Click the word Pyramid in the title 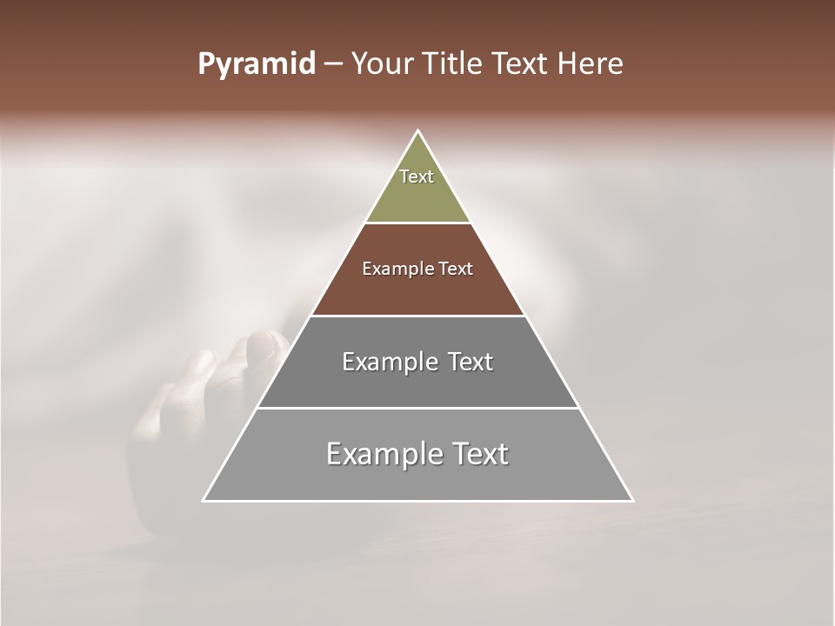pos(256,64)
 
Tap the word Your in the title pos(378,64)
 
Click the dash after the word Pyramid pos(333,64)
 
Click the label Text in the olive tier pos(417,176)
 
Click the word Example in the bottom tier pos(383,454)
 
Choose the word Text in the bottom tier pos(477,454)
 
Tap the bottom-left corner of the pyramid pos(204,500)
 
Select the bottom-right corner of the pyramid pos(631,500)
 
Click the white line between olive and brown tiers pos(417,223)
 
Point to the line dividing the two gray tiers pos(417,408)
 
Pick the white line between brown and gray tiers pos(417,316)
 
